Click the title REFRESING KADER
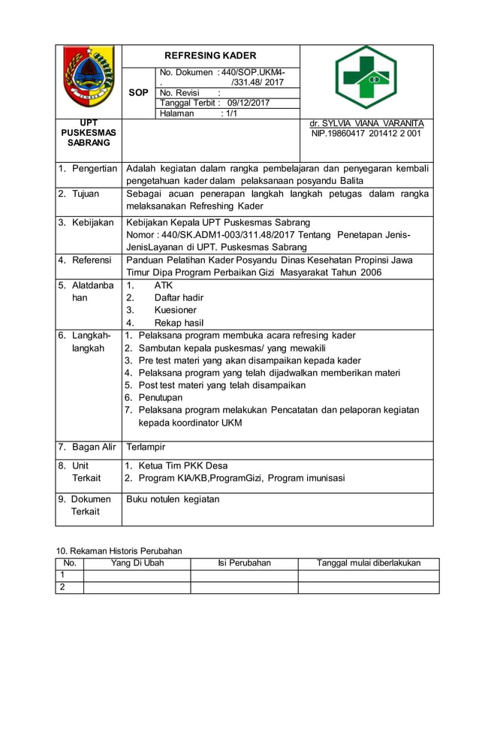coord(210,56)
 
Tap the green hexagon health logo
coord(366,78)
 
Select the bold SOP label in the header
coord(138,92)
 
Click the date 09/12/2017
coord(248,103)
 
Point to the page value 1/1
coord(229,113)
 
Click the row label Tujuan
coord(85,194)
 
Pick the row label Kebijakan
coord(92,222)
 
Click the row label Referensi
coord(92,260)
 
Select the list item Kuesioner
coord(176,310)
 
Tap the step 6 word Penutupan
coord(160,397)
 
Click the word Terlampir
coord(146,447)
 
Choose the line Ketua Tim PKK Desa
coord(182,465)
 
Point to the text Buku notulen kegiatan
coord(173,499)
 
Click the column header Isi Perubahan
coord(244,563)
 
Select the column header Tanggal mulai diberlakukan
coord(368,563)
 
